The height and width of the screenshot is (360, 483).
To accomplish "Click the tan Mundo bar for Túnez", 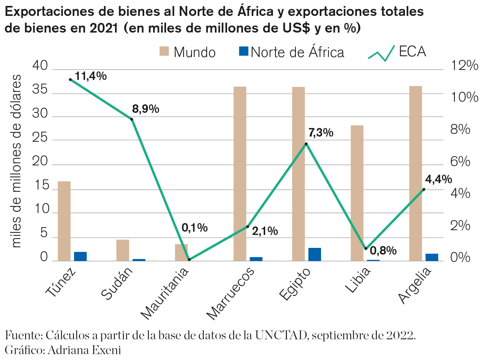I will tap(64, 221).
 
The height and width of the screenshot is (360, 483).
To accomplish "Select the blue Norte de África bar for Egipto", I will tap(315, 255).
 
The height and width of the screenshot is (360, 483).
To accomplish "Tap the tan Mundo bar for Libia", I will tap(357, 193).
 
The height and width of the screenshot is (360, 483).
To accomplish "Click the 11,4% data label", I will tap(91, 76).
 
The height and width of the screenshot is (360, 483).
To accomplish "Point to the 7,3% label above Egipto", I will tap(321, 132).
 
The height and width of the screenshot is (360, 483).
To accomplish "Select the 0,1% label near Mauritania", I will tap(195, 228).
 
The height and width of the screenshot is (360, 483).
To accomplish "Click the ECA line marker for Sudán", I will tap(132, 119).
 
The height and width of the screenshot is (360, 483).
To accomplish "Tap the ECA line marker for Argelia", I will tap(424, 189).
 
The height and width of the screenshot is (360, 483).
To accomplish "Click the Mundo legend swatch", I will tap(164, 51).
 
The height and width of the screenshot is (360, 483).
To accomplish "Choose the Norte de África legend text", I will tap(297, 52).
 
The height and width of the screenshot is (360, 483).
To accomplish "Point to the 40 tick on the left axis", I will tap(40, 66).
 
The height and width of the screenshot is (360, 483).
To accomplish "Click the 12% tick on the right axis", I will tap(465, 66).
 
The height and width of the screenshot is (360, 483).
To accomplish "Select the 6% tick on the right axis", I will tap(460, 162).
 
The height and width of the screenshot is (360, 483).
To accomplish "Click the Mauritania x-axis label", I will tap(165, 293).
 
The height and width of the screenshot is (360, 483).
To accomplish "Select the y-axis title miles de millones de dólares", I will tap(16, 161).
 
